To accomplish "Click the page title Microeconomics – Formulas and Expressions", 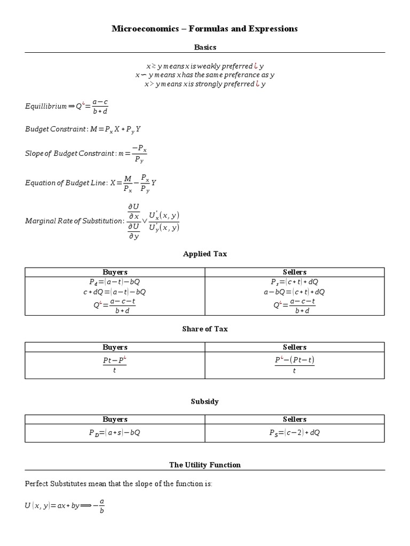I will pos(204,29).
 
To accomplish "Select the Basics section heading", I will pos(204,47).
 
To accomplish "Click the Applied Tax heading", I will pos(204,254).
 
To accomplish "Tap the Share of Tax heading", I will pos(204,329).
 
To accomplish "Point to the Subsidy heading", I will pos(204,402).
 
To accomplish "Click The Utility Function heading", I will pos(204,465).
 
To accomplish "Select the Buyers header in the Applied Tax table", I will pos(115,272).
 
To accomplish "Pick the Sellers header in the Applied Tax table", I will pos(294,272).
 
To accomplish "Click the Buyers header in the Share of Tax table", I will pos(115,347).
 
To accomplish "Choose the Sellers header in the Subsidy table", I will pos(294,419).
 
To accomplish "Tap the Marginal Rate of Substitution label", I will pos(74,221).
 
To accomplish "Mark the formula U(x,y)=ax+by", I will pos(52,505).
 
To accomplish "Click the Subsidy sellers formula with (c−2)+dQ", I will pos(294,433).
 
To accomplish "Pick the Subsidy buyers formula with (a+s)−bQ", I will pos(115,433).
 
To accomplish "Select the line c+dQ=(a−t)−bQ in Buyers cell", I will pos(115,292).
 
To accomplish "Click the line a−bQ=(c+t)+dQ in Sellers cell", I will pos(294,292).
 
